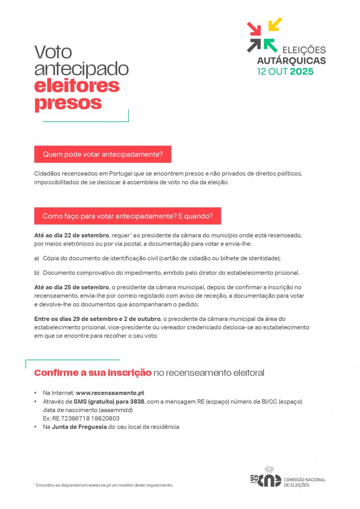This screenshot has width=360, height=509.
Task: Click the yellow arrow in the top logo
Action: click(275, 24)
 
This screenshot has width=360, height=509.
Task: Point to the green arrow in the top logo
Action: click(270, 45)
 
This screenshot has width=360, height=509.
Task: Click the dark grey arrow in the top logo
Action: click(254, 45)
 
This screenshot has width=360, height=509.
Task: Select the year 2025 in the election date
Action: click(302, 72)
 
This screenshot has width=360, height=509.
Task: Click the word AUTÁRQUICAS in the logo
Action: click(291, 61)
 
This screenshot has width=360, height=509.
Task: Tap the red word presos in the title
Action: click(68, 103)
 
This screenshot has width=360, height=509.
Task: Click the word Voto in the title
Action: click(53, 52)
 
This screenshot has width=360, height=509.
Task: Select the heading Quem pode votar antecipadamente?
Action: click(103, 154)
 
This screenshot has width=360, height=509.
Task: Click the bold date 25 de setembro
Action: click(87, 287)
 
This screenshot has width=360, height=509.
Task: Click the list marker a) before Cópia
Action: click(37, 258)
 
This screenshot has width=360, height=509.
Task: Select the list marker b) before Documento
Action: click(37, 273)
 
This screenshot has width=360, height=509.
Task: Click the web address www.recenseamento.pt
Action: click(110, 393)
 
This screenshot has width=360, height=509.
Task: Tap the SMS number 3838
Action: click(137, 402)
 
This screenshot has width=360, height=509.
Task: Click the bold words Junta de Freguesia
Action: click(79, 427)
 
